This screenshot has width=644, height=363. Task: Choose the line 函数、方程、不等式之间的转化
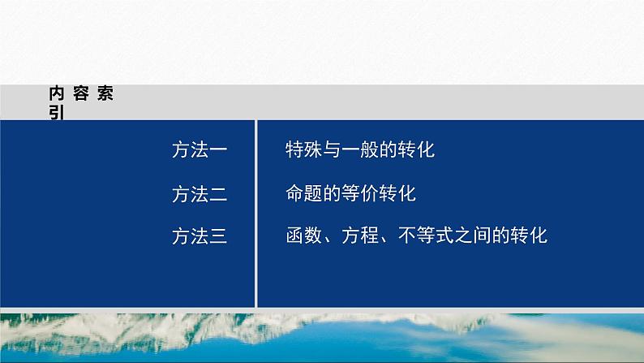(417, 236)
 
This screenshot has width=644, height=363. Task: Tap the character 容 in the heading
(80, 93)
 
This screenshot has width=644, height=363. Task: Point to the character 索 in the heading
(104, 93)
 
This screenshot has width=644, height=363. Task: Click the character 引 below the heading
(57, 115)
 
